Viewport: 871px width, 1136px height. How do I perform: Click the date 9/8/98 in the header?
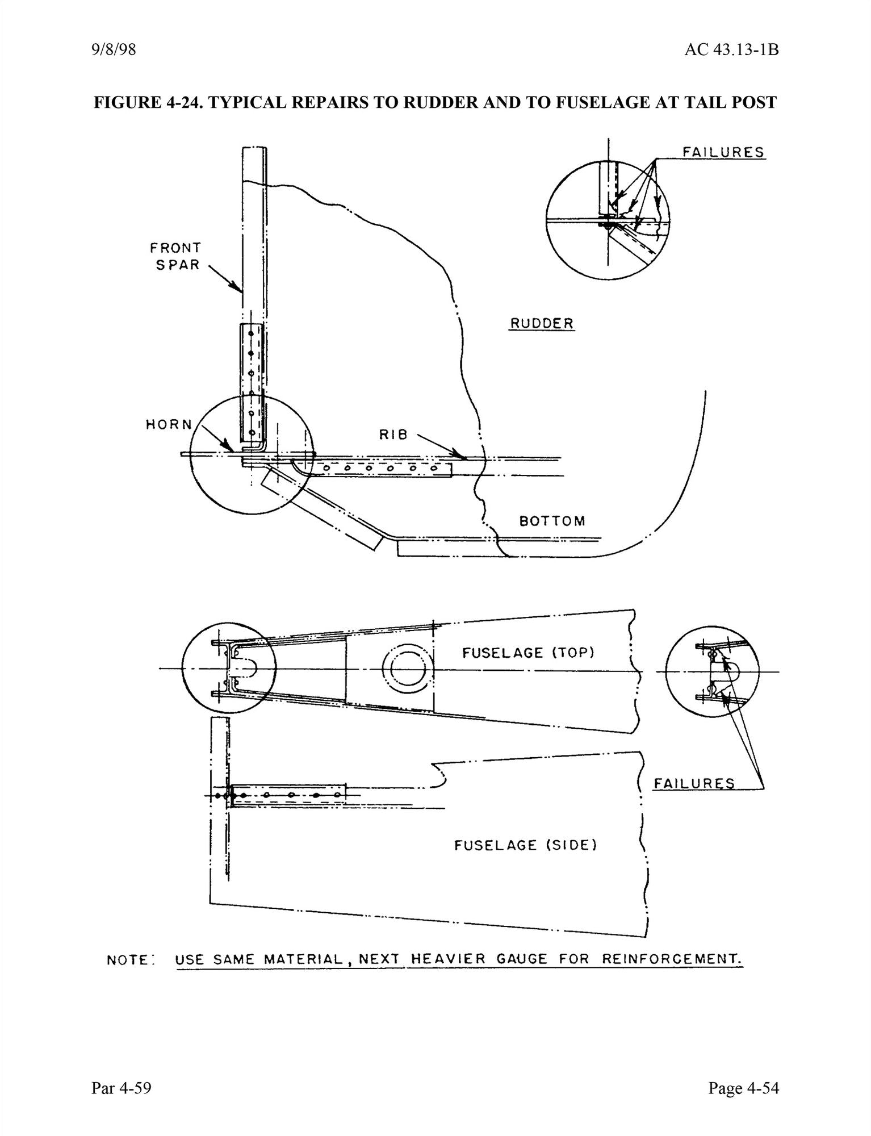[113, 51]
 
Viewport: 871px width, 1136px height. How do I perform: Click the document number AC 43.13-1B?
[731, 51]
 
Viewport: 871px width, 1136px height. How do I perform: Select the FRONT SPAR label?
[175, 256]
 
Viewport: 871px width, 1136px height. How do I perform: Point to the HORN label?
[169, 424]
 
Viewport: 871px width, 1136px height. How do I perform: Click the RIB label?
[393, 435]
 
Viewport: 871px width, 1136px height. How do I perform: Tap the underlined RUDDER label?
[541, 323]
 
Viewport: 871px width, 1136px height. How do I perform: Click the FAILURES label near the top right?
[723, 152]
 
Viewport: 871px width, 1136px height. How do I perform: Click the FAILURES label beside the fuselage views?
[694, 784]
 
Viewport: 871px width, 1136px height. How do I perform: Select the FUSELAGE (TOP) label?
[528, 653]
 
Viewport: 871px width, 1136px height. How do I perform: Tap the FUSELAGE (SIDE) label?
[525, 846]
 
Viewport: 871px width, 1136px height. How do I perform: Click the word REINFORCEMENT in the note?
[672, 959]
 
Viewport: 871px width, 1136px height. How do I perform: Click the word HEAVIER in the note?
[447, 959]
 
